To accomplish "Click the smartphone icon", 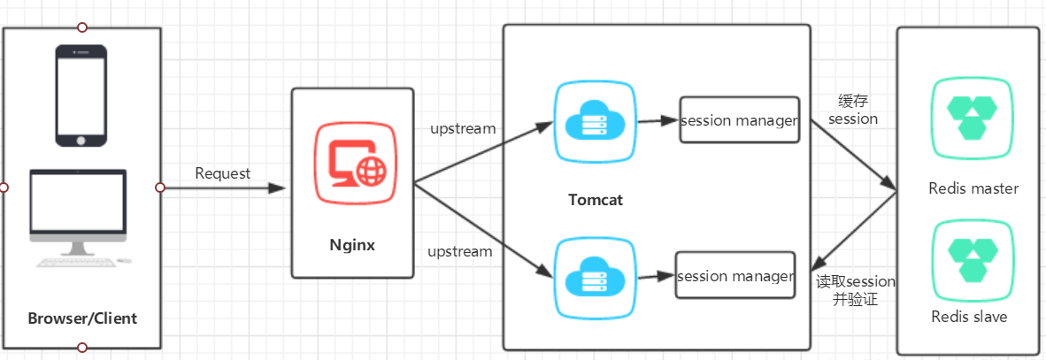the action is (x=81, y=96).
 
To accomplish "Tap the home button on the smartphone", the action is (x=81, y=140).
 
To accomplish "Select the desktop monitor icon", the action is (x=77, y=212).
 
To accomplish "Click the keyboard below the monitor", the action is (x=75, y=262).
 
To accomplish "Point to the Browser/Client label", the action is (x=82, y=318).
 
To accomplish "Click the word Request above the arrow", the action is (x=223, y=173).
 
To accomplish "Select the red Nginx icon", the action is (x=356, y=164).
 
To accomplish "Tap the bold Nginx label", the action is (x=352, y=245).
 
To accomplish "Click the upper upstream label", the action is (x=463, y=128).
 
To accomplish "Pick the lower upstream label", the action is (x=459, y=251).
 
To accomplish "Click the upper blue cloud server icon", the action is (x=594, y=122).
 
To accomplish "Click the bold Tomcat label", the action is (x=596, y=199).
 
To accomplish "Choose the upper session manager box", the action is (x=740, y=119).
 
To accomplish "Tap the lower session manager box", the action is (x=735, y=275).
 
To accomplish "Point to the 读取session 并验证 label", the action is (x=856, y=291).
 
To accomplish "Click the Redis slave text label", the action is (x=969, y=317).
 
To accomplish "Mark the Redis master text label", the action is (x=973, y=188).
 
